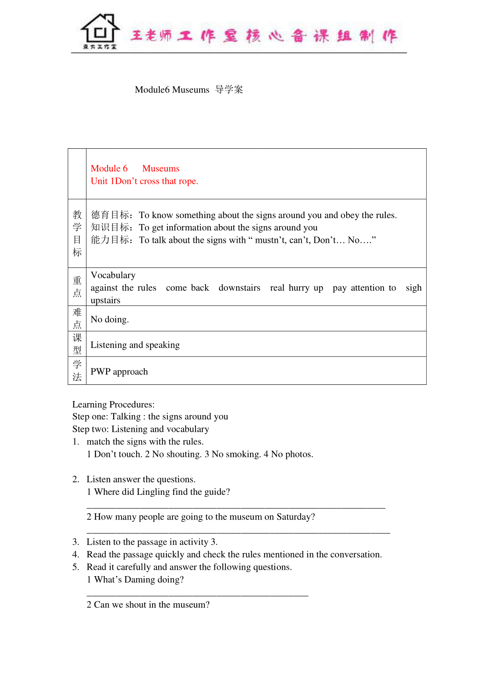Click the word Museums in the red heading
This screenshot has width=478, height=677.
161,169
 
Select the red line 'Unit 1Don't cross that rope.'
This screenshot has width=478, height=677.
144,181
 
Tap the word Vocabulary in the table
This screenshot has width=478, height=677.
113,276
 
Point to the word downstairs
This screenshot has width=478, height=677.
239,288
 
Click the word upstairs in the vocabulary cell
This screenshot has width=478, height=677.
105,301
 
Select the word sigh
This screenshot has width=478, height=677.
413,288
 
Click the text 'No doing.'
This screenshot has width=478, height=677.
110,319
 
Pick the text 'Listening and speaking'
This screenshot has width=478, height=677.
135,345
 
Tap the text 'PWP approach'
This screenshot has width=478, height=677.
119,372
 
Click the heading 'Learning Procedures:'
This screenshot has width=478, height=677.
114,405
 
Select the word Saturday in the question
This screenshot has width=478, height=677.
293,517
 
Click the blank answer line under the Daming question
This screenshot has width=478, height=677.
197,595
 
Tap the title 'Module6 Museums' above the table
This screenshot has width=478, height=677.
172,90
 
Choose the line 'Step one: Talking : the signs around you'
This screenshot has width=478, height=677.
150,417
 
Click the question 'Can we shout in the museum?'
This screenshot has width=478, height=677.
152,605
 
